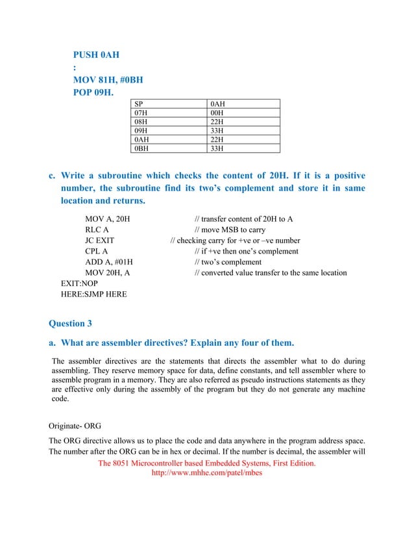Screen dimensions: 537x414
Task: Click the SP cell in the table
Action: [139, 104]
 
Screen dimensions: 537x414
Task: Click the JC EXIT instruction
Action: [100, 241]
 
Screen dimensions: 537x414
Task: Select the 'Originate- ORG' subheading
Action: [77, 427]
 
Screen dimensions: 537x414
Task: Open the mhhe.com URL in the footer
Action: [206, 473]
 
